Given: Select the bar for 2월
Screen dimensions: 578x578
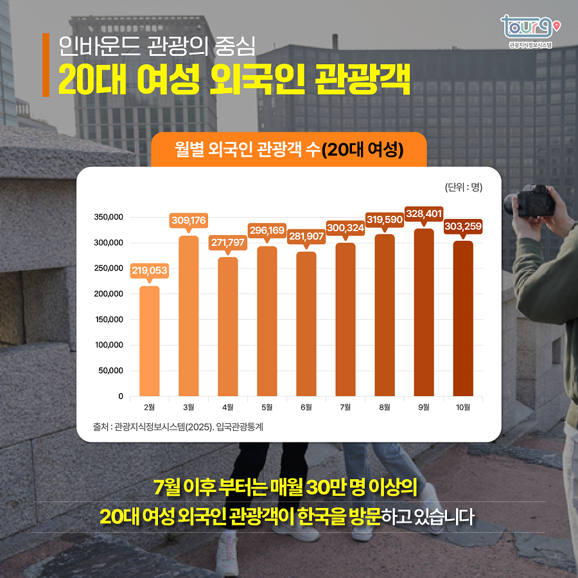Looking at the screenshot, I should point(149,341).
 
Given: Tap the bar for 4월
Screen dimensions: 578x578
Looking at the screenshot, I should point(227,327).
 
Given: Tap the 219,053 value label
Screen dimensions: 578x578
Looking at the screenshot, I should point(149,271).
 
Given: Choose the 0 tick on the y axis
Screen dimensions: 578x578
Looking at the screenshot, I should point(120,396).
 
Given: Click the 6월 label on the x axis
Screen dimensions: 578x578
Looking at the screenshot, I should point(306,407).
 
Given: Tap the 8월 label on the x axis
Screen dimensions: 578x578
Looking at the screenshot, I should point(384,407).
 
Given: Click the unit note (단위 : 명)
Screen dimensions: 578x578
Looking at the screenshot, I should point(463,188).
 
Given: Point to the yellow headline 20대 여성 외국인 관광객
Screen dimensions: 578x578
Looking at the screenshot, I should point(234,80).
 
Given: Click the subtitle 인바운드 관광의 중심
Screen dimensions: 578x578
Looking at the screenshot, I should point(157,46).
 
